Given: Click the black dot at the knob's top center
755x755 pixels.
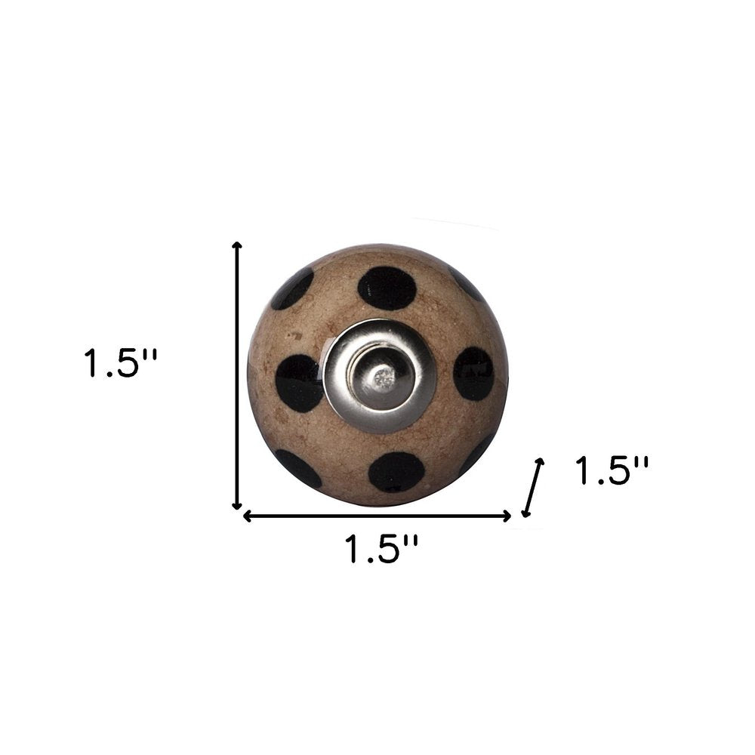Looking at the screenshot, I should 387,288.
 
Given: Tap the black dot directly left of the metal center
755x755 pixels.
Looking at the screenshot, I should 299,382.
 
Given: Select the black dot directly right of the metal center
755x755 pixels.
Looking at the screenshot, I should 473,373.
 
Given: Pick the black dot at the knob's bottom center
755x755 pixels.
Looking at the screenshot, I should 396,471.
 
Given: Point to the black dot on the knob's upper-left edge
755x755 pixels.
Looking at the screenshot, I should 292,288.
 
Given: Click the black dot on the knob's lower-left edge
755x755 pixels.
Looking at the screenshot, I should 297,468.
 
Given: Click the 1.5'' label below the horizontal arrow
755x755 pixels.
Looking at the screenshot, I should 381,549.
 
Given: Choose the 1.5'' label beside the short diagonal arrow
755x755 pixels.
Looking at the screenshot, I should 611,472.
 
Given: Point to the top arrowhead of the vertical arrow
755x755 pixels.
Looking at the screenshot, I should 236,246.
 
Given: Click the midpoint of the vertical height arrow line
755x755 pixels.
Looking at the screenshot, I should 236,375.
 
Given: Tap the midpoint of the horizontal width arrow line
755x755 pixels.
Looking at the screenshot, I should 377,516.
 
